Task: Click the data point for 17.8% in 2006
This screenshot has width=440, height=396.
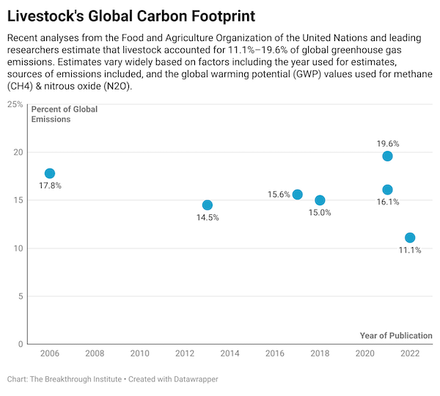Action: click(50, 173)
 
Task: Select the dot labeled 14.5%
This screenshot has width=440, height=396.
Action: click(208, 205)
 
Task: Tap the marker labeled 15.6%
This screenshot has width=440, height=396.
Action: click(298, 194)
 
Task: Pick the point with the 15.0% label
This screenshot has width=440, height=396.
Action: click(320, 200)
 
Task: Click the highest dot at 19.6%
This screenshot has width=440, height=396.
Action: click(387, 156)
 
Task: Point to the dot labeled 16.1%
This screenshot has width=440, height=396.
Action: click(387, 190)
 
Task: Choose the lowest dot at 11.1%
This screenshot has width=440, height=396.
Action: click(410, 238)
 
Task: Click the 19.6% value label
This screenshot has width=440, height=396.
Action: click(388, 144)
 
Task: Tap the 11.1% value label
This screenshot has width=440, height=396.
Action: click(410, 250)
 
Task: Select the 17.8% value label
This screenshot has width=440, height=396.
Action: click(50, 186)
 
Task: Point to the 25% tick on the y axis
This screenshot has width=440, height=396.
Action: click(15, 104)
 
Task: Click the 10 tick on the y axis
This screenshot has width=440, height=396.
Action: click(18, 249)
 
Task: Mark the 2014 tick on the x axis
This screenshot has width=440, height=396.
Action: click(230, 353)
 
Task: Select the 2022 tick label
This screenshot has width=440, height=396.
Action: click(409, 353)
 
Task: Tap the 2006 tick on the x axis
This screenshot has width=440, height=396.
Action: click(50, 353)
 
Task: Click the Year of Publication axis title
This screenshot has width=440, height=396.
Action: click(396, 335)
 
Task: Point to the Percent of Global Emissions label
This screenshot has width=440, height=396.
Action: click(65, 114)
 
